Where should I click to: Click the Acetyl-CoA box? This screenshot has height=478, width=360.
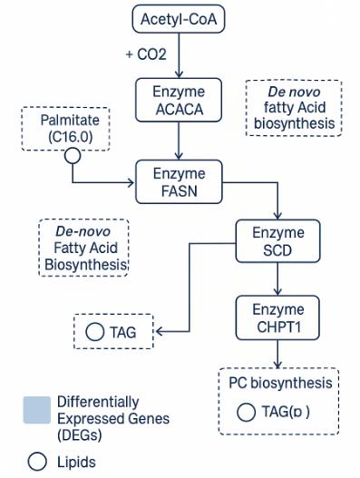(180, 18)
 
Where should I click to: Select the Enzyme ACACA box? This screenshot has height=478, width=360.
(179, 101)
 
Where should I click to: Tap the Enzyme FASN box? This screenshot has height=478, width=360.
(179, 180)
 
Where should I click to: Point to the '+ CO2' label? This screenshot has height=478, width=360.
(147, 54)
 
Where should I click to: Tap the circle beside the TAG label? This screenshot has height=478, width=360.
(94, 332)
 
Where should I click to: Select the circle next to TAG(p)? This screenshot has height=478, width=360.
(245, 412)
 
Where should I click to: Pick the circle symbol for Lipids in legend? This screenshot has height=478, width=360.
(37, 462)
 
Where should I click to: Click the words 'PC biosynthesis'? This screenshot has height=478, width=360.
(279, 383)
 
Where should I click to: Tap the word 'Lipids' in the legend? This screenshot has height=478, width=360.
(76, 462)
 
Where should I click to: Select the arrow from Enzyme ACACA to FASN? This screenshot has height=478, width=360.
(180, 141)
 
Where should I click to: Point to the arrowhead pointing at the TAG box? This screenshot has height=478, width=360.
(160, 332)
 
